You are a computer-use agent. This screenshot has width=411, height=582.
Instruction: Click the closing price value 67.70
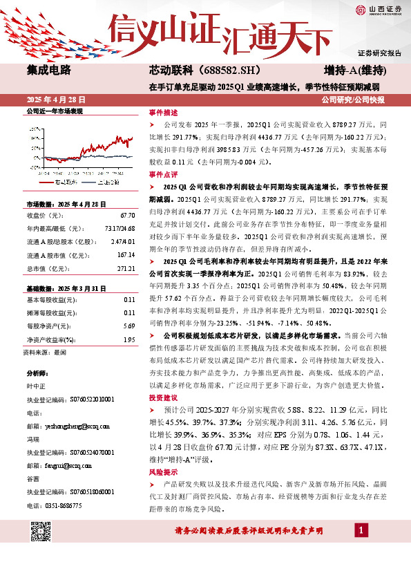pyautogui.click(x=127, y=216)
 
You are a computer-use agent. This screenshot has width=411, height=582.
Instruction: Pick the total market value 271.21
pyautogui.click(x=126, y=267)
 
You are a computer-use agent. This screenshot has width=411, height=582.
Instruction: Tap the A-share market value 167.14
pyautogui.click(x=126, y=255)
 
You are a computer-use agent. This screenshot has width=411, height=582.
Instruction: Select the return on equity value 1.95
pyautogui.click(x=128, y=339)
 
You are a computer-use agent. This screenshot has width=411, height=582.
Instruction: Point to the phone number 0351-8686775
pyautogui.click(x=63, y=505)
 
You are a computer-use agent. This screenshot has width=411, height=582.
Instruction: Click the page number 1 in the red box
pyautogui.click(x=360, y=530)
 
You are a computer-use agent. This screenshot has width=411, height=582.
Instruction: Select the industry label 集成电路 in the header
pyautogui.click(x=50, y=71)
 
